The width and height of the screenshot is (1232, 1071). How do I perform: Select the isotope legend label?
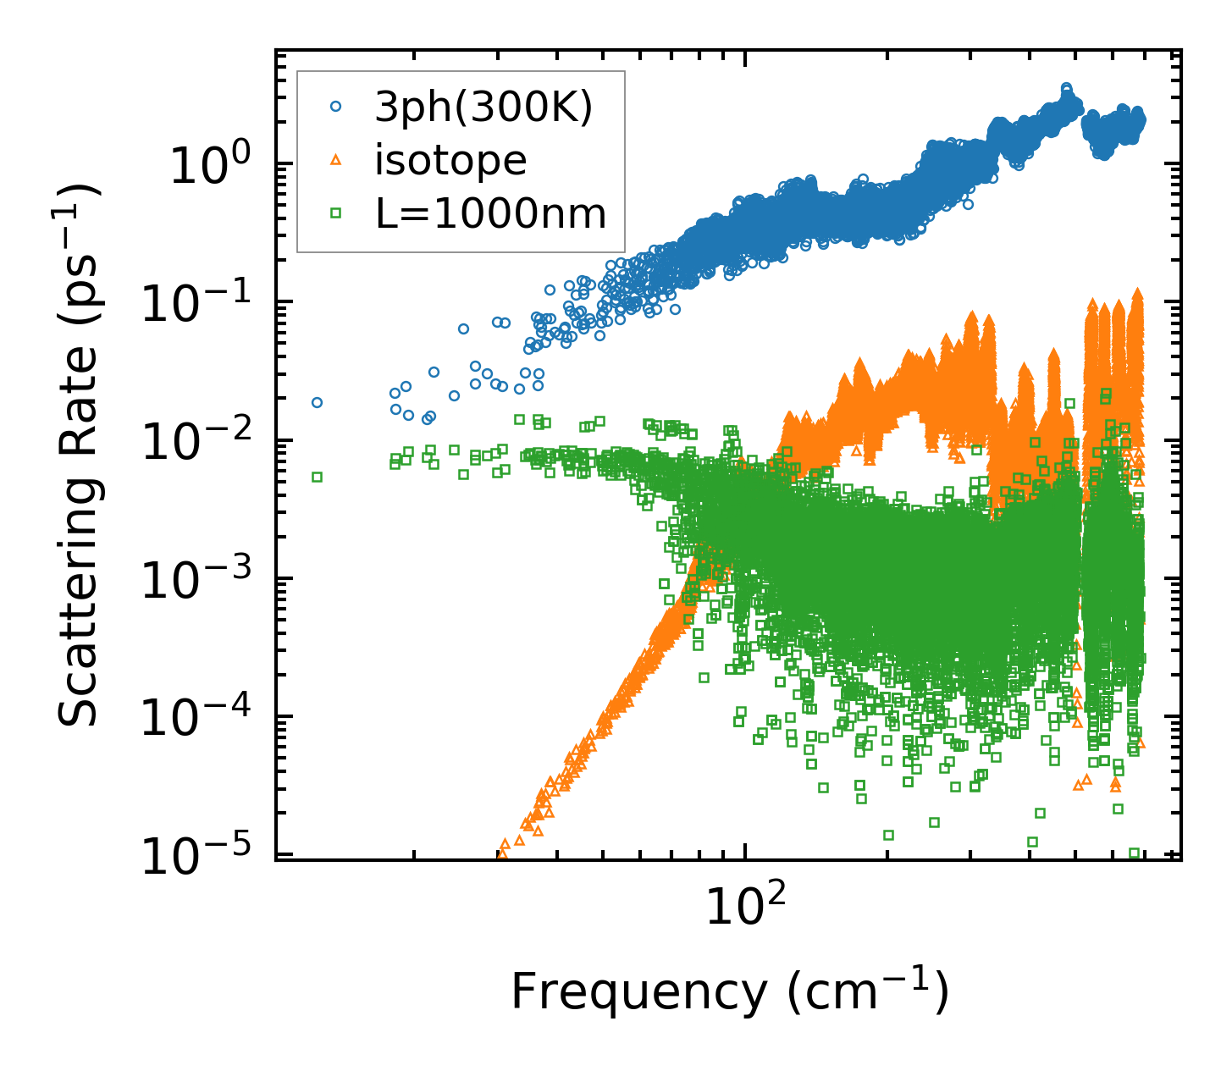450,160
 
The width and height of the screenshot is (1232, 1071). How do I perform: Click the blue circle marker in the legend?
335,107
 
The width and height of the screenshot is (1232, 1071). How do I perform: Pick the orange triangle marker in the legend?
335,160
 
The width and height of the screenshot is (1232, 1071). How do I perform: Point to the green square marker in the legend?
335,214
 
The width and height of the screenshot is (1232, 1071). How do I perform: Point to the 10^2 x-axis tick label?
743,906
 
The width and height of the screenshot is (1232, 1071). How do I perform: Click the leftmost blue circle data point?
317,402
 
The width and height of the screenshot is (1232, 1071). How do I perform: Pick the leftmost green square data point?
317,477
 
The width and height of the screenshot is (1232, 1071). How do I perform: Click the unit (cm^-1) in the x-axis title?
869,992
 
